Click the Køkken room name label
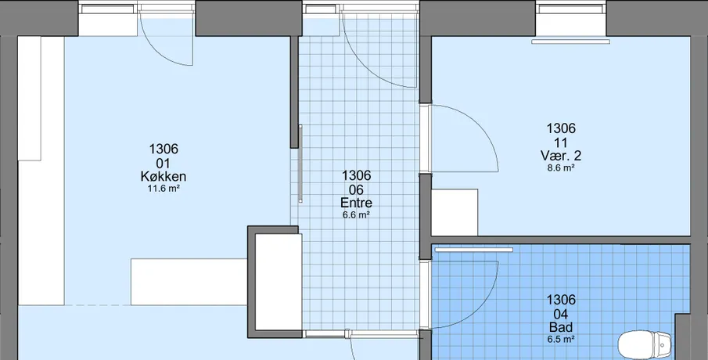[x=163, y=177]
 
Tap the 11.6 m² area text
[x=164, y=189]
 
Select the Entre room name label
[x=356, y=203]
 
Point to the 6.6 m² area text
[x=356, y=215]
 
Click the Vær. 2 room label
[x=561, y=156]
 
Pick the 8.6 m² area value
[x=561, y=168]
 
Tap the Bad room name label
[x=561, y=327]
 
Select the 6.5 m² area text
[x=561, y=339]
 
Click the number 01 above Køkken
[x=163, y=163]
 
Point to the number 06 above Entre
[x=356, y=189]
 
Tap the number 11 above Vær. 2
[x=561, y=142]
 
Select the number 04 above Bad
[x=561, y=314]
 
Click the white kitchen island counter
[x=189, y=282]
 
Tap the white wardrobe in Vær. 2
[x=455, y=212]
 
